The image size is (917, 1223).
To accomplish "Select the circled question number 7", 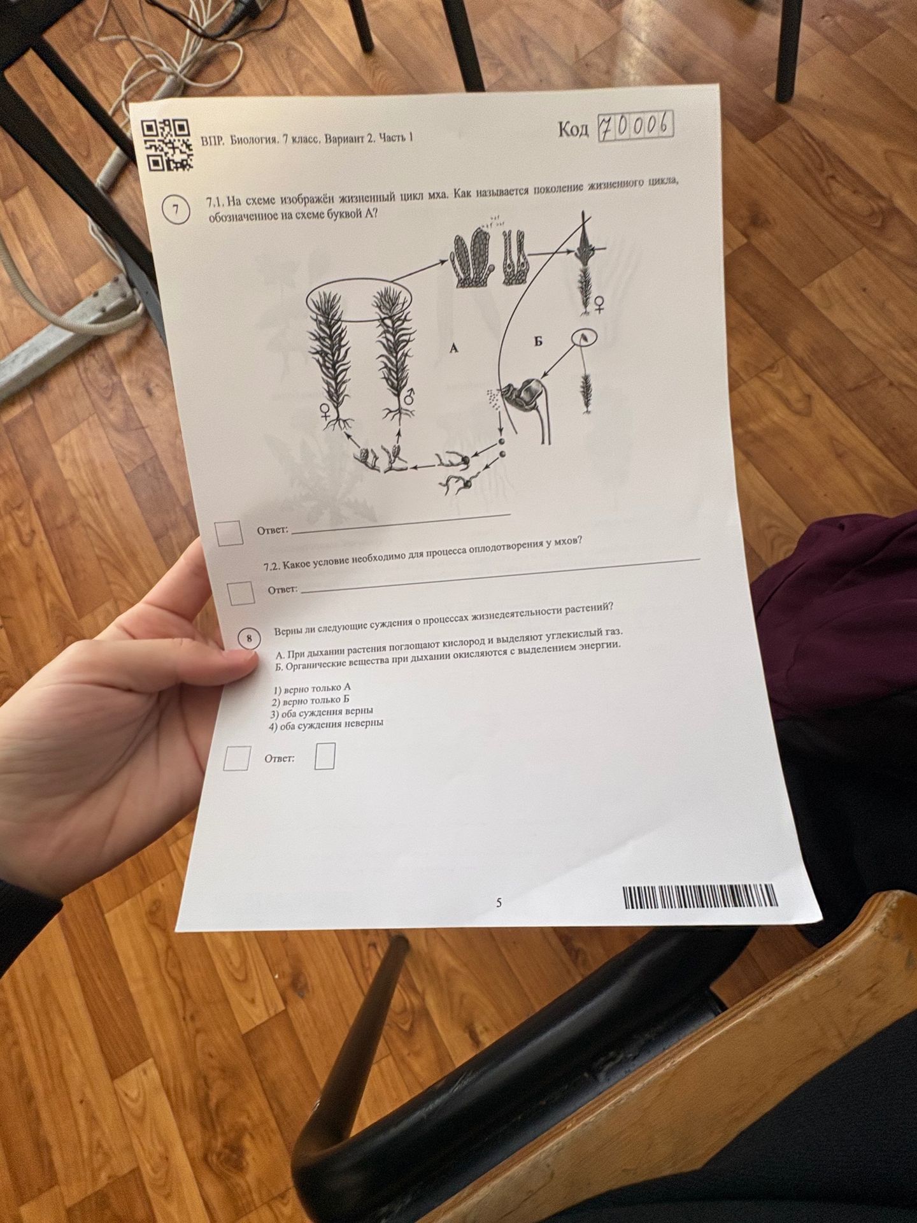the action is pyautogui.click(x=176, y=210).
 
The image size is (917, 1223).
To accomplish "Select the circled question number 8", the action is pyautogui.click(x=249, y=638).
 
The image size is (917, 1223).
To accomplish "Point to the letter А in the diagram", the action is pyautogui.click(x=453, y=348).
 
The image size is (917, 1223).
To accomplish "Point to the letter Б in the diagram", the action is pyautogui.click(x=538, y=341).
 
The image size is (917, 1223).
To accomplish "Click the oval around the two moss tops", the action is pyautogui.click(x=359, y=298).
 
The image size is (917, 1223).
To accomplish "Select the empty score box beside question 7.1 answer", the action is pyautogui.click(x=229, y=533).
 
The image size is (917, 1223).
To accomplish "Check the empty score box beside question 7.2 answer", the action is pyautogui.click(x=241, y=593).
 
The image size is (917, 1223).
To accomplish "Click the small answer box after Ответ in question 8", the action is pyautogui.click(x=325, y=756).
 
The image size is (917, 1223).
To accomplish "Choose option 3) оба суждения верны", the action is pyautogui.click(x=322, y=712).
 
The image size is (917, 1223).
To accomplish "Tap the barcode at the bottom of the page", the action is pyautogui.click(x=700, y=897).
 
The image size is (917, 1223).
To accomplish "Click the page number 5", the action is pyautogui.click(x=499, y=903).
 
